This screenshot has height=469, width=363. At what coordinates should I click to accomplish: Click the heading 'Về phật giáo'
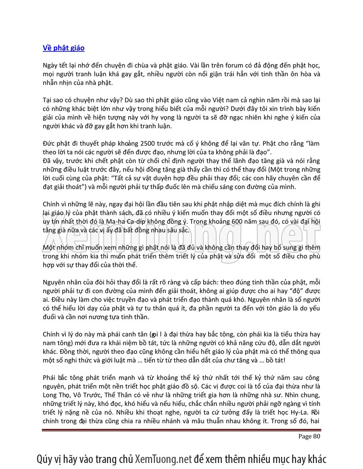[63, 48]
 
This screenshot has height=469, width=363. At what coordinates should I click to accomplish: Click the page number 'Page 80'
[309, 436]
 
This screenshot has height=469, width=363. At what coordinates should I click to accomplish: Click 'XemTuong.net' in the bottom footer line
[163, 459]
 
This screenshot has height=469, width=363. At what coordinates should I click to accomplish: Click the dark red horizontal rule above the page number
[181, 430]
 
